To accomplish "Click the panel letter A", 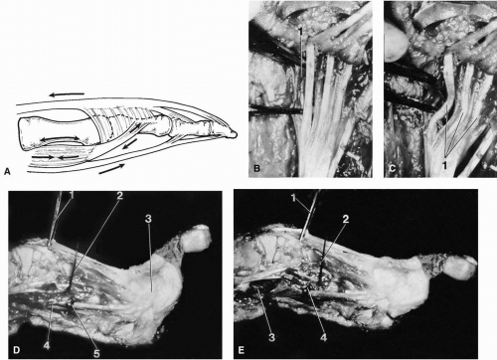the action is tap(7, 172).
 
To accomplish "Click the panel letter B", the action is tap(256, 168).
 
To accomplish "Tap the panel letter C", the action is tap(392, 168).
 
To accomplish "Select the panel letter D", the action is tap(16, 350).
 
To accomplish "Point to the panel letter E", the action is tap(242, 350).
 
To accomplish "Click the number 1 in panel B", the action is tap(300, 32).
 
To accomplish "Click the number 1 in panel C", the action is tap(444, 165).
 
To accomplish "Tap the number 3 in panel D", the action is tap(148, 219).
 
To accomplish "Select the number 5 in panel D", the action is tap(96, 353).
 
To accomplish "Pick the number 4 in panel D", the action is tap(47, 345).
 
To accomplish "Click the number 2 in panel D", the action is tap(119, 195).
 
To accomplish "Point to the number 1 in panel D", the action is tap(72, 195).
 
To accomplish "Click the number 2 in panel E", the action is tap(345, 219).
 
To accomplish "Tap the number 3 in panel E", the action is tap(271, 338).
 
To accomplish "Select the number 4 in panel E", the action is tap(323, 338).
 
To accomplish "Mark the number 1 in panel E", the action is tap(293, 198).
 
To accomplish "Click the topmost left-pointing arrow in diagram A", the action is tap(67, 94).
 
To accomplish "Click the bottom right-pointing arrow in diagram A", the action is tap(111, 169).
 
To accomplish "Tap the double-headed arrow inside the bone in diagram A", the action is tap(60, 138).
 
